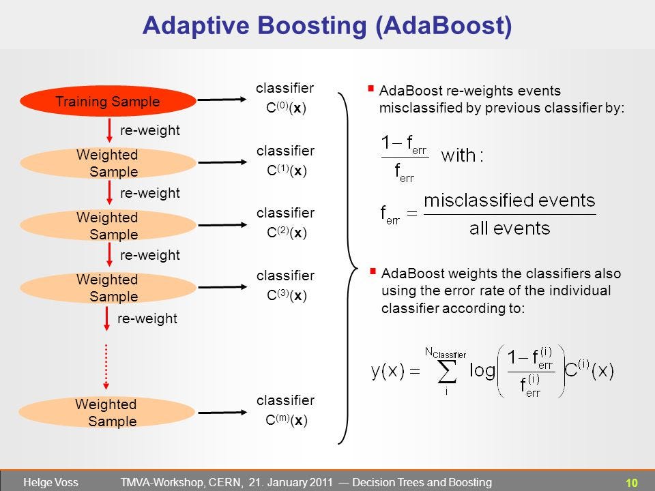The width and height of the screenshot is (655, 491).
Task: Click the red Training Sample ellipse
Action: click(108, 102)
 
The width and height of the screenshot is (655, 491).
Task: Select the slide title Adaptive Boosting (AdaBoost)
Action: click(327, 25)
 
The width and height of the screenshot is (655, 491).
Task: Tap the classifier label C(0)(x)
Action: click(285, 108)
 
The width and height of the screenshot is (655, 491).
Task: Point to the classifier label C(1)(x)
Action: click(285, 171)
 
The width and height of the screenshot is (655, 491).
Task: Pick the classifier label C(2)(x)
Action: click(285, 233)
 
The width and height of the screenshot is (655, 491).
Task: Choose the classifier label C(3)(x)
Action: click(285, 296)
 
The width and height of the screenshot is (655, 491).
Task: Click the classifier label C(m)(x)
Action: click(285, 420)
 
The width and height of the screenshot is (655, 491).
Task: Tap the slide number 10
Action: click(631, 483)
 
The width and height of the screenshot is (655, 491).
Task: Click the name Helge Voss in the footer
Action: click(50, 483)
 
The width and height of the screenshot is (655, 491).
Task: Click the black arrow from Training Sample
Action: click(222, 100)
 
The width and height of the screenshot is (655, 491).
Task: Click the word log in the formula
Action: click(482, 371)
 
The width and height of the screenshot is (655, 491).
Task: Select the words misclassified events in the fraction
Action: click(509, 201)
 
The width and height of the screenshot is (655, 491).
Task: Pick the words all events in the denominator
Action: click(509, 228)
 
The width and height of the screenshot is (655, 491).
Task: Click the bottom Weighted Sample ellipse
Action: click(106, 412)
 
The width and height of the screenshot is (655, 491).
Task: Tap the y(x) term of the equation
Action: click(388, 371)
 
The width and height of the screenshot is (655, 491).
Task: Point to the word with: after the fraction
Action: click(462, 155)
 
